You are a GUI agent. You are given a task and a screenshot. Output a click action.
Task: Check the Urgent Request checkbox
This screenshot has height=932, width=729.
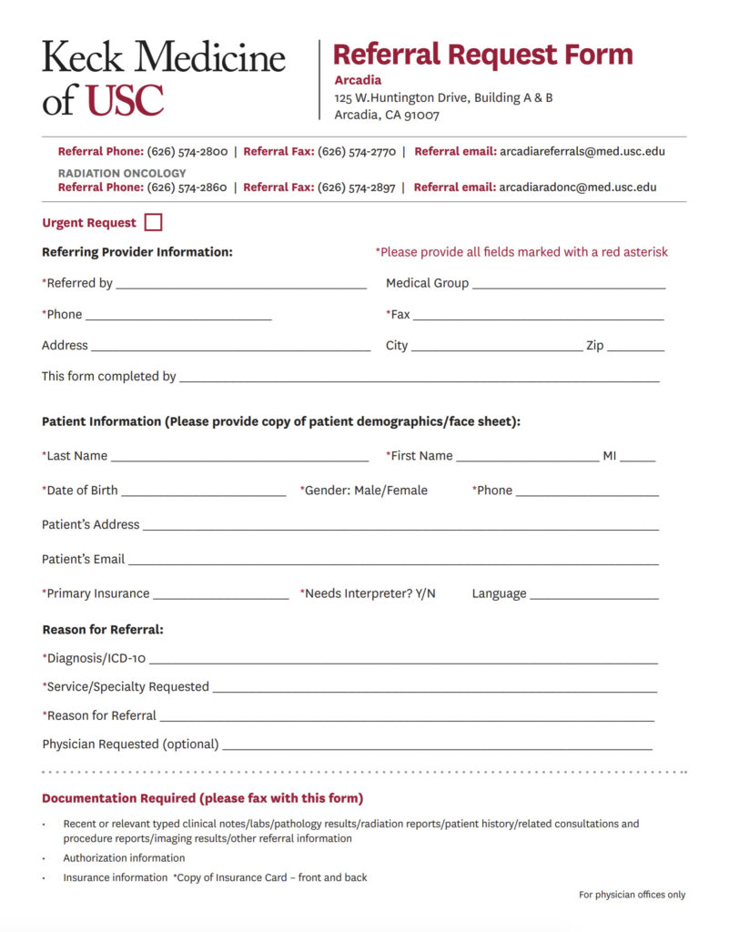pyautogui.click(x=154, y=222)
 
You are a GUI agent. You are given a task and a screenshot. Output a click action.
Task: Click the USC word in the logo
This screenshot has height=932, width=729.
pyautogui.click(x=125, y=101)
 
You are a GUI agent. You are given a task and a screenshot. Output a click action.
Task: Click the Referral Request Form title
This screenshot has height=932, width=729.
pyautogui.click(x=482, y=54)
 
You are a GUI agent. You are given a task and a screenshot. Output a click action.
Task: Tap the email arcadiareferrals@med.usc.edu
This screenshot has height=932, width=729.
pyautogui.click(x=582, y=152)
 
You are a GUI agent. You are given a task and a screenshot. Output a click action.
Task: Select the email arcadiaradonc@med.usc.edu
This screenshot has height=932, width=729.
pyautogui.click(x=578, y=187)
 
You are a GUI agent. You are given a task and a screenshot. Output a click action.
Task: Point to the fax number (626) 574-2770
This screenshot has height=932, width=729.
pyautogui.click(x=357, y=152)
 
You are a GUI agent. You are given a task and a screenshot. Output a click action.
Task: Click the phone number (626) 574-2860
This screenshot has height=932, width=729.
pyautogui.click(x=187, y=187)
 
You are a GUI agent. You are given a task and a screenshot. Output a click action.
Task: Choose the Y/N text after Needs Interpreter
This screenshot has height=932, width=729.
pyautogui.click(x=425, y=593)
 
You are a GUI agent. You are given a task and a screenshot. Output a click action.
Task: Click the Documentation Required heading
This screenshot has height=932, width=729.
pyautogui.click(x=202, y=798)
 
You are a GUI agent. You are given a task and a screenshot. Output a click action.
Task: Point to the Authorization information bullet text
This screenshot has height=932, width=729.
pyautogui.click(x=124, y=858)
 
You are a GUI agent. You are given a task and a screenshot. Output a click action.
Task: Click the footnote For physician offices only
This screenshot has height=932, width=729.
pyautogui.click(x=632, y=895)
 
